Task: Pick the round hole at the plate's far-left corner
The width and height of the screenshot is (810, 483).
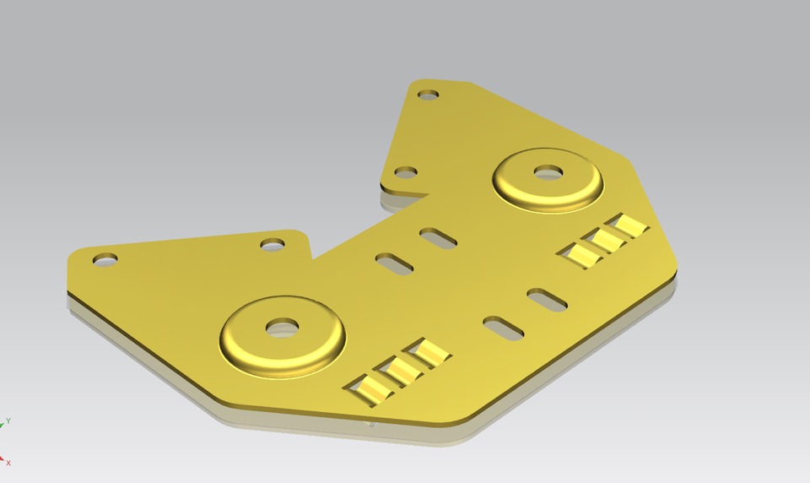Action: coord(106,260)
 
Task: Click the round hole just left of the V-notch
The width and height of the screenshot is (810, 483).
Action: coord(272,244)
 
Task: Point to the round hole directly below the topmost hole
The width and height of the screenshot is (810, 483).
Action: coord(406,172)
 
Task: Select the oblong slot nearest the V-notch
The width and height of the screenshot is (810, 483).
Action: coord(394,263)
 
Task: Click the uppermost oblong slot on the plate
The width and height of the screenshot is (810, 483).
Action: coord(438,238)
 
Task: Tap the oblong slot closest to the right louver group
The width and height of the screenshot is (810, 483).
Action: coord(547,299)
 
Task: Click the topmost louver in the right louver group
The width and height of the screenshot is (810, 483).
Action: coord(629,225)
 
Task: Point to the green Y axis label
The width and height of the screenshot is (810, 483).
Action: coord(8,420)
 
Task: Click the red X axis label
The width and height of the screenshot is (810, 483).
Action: coord(8,463)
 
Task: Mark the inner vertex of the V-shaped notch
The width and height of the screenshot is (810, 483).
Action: coord(312,258)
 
